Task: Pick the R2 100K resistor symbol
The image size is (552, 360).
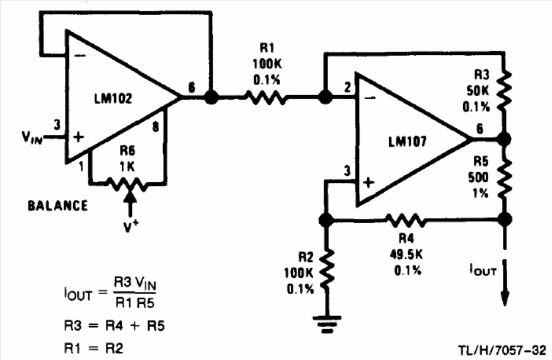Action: (x=326, y=267)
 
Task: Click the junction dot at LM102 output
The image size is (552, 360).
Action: (x=211, y=97)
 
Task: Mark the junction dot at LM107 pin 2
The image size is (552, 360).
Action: (x=325, y=97)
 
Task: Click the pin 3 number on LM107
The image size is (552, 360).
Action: (x=345, y=170)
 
